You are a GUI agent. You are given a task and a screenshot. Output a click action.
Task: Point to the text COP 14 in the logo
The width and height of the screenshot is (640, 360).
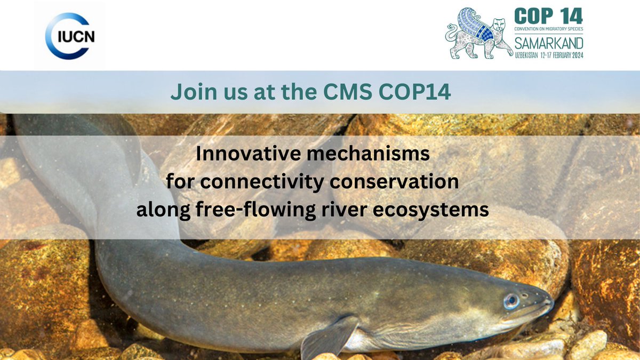(x=549, y=15)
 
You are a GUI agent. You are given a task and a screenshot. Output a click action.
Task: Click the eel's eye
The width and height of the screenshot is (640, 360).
(x=511, y=302)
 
